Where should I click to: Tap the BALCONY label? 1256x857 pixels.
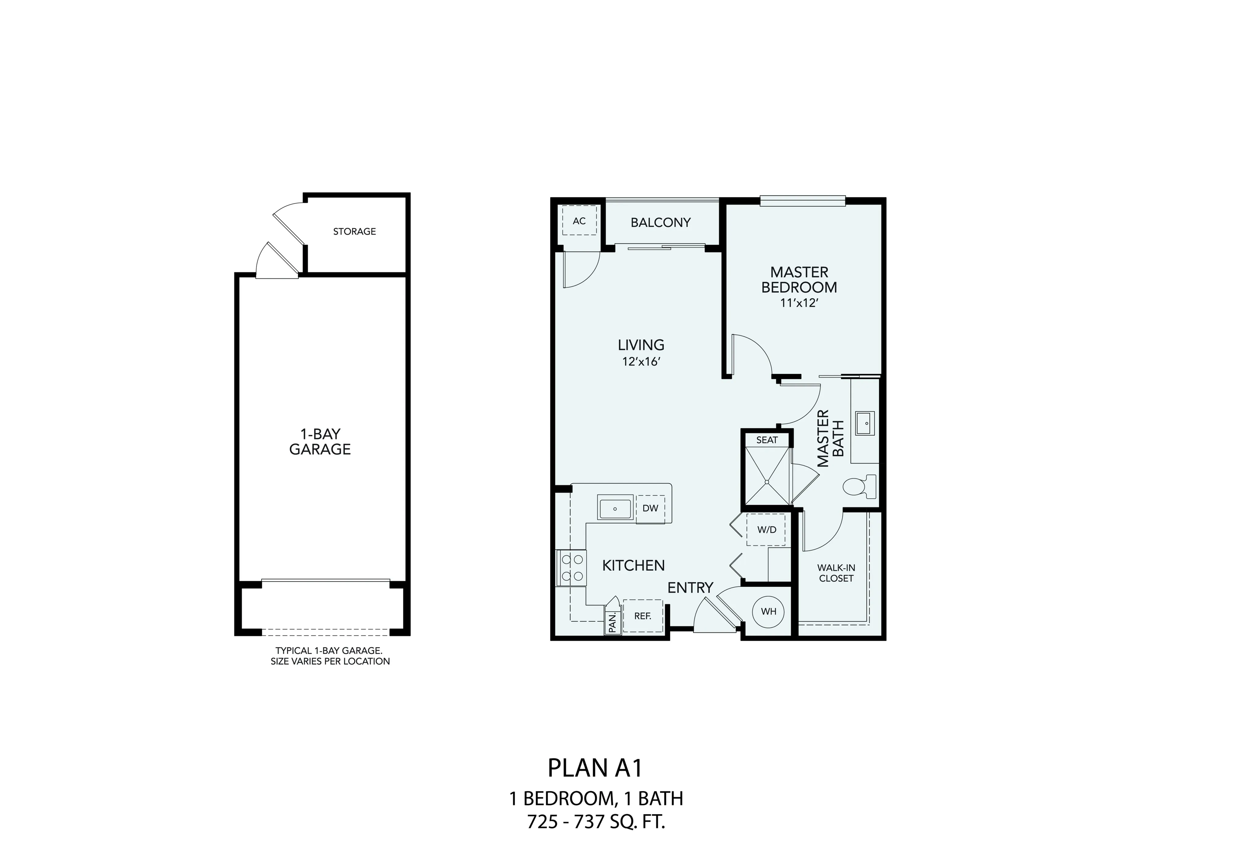coord(661,222)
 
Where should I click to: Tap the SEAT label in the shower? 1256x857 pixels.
coord(767,440)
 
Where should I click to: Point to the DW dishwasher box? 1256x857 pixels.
coord(651,508)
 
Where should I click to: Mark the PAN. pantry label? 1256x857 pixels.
coord(612,622)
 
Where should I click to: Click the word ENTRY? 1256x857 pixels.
coord(690,587)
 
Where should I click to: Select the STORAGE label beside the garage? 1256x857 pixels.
coord(354,231)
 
